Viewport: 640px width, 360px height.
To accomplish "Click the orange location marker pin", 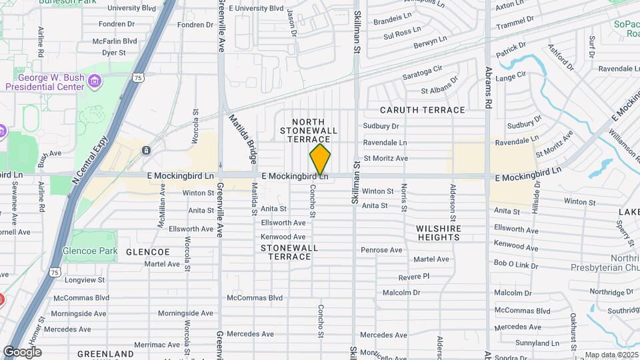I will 320,159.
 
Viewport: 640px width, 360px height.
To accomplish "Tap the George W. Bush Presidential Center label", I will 45,82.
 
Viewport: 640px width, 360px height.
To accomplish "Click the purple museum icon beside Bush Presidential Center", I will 95,82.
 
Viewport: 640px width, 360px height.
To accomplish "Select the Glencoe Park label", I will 89,251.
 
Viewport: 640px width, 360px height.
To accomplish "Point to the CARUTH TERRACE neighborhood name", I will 423,110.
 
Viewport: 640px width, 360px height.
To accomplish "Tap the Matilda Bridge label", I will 243,139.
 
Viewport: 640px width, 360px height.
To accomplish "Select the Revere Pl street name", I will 414,276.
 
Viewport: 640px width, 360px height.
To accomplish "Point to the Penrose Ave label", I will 381,250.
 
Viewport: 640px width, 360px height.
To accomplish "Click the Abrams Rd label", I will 488,87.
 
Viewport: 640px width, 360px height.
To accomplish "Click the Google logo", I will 22,351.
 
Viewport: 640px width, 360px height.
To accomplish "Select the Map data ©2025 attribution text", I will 611,355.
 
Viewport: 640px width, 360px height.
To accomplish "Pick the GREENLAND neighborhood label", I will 105,353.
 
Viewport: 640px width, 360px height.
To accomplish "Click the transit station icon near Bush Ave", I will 145,151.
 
